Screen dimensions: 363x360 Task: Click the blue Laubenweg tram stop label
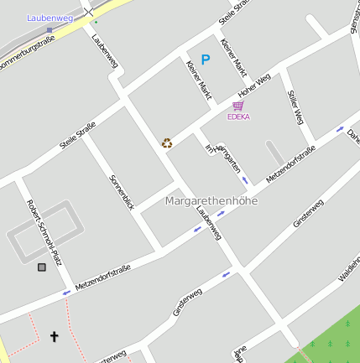pos(50,17)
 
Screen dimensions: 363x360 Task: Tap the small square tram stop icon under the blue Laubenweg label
pos(50,29)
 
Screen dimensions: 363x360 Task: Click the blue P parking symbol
pos(206,60)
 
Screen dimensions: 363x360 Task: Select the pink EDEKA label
pos(238,117)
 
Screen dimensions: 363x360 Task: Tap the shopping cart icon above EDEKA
pos(238,106)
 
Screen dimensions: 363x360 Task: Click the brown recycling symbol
pos(167,143)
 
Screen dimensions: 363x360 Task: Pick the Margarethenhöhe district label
pos(211,201)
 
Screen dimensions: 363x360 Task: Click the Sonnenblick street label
pos(122,192)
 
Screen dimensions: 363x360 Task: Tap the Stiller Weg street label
pos(295,108)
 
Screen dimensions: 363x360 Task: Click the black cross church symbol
pos(55,336)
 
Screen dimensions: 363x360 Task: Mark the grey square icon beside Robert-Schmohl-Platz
pos(42,267)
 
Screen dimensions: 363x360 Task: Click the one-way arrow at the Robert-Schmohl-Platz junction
pos(65,293)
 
